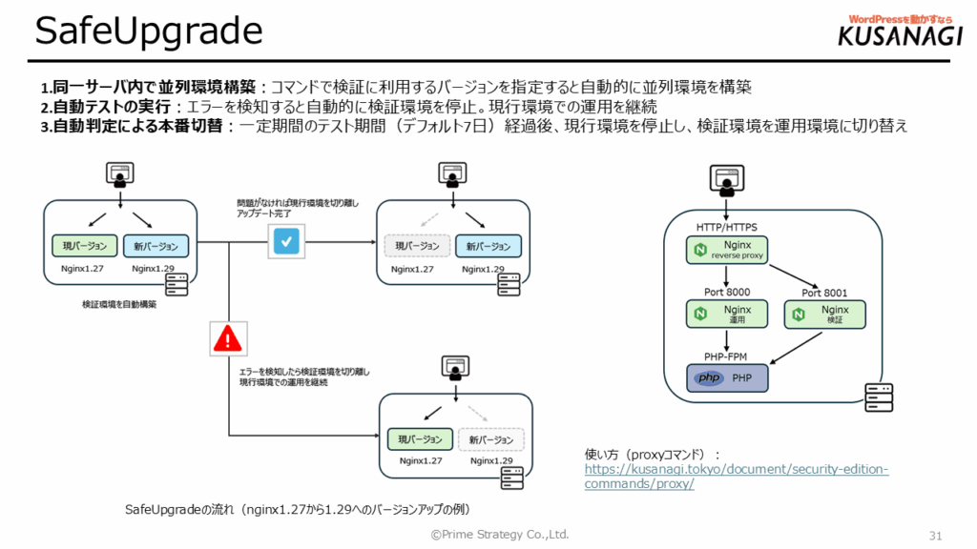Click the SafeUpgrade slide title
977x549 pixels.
[148, 31]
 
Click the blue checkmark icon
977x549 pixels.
[286, 242]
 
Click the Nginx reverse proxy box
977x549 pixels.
[726, 250]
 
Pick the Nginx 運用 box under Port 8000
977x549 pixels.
[726, 315]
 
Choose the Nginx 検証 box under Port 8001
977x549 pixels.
[824, 315]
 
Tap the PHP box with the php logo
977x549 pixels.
[726, 377]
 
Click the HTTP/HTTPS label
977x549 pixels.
[726, 227]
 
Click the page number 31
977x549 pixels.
[935, 534]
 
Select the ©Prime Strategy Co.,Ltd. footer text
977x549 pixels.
[499, 534]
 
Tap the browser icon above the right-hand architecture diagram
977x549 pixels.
[726, 178]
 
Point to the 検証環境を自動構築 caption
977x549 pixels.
[119, 305]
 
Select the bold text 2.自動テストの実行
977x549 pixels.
[105, 106]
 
